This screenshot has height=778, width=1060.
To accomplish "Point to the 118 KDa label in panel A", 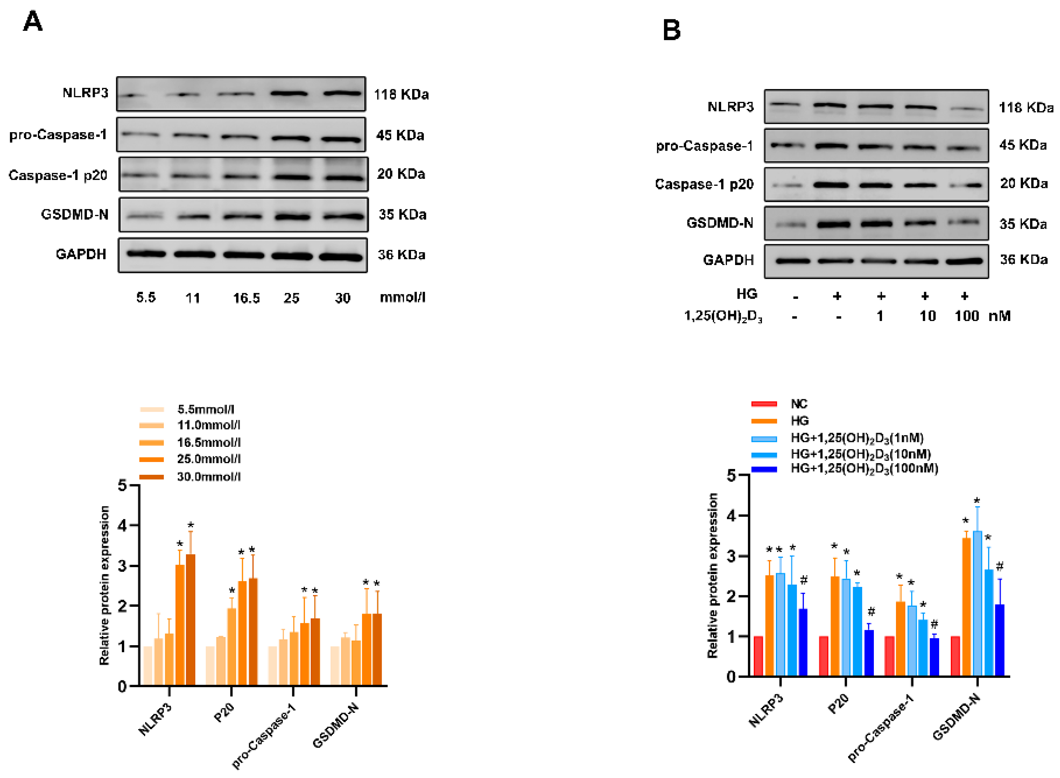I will pyautogui.click(x=401, y=95).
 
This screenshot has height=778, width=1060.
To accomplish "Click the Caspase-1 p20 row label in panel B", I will pyautogui.click(x=704, y=184).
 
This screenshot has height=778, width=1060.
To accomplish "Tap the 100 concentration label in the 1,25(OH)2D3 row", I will pyautogui.click(x=966, y=316).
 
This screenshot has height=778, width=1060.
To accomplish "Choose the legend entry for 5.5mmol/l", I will pyautogui.click(x=206, y=409).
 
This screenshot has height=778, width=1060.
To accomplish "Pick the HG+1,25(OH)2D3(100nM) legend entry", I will pyautogui.click(x=864, y=469).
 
